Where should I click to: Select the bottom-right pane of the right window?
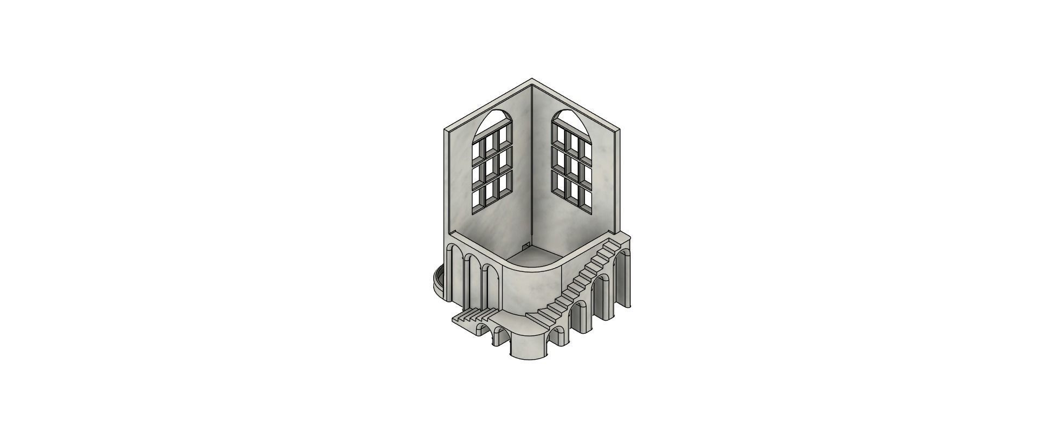pyautogui.click(x=585, y=200)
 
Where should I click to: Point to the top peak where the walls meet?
pyautogui.click(x=532, y=82)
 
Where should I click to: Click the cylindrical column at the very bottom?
pyautogui.click(x=530, y=346)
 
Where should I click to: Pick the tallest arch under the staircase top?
pyautogui.click(x=624, y=276)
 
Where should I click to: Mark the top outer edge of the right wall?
pyautogui.click(x=577, y=106)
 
